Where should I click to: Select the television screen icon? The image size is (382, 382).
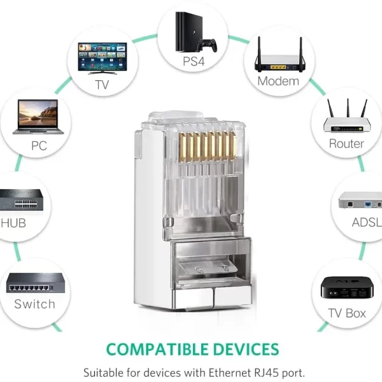102,57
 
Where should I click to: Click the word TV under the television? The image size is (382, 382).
102,84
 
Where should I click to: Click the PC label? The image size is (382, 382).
39,146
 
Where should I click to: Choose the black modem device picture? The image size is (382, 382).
278,57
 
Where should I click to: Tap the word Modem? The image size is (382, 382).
278,81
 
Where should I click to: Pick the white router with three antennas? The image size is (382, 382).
346,118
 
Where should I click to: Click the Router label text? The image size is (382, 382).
346,144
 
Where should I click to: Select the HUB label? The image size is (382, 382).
13,223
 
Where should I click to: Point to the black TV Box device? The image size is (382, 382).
346,288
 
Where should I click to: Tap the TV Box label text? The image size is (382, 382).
347,313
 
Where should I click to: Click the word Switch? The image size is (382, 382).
35,304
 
